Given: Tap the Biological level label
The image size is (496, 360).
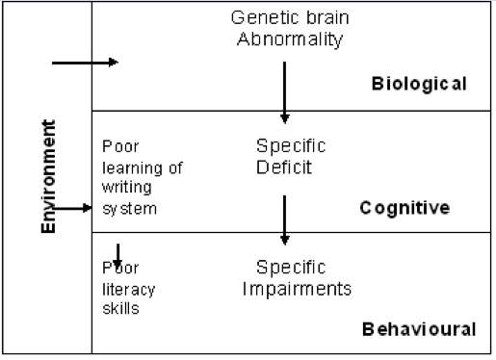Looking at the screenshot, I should [419, 84].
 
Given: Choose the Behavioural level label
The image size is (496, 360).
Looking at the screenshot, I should [419, 329].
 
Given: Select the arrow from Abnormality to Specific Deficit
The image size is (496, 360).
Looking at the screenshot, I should [284, 91].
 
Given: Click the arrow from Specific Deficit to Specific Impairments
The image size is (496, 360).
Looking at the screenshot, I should [284, 219].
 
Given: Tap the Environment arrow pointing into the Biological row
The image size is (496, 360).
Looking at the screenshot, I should [84, 63].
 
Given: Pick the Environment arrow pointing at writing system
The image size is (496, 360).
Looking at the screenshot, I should [72, 207].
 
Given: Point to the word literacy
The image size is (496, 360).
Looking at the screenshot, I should [128, 289].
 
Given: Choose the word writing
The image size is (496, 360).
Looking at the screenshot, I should [122, 187].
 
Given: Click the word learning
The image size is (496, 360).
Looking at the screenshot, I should [128, 167].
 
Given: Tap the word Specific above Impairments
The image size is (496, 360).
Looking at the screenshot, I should [291, 267].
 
